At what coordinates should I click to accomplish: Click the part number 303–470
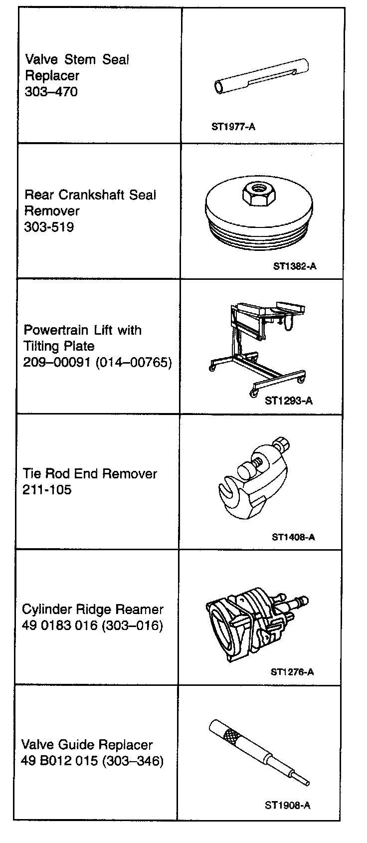51,92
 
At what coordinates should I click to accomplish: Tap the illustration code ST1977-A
233,127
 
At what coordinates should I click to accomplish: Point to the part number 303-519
49,227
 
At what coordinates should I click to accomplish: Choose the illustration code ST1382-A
295,266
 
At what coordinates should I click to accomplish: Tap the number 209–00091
55,362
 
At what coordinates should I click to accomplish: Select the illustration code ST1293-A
289,400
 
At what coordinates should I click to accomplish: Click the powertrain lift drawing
257,344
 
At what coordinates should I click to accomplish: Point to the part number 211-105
47,490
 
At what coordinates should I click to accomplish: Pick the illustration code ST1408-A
293,537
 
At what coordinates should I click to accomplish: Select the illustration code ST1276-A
292,671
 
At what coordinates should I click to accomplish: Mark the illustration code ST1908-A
288,805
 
